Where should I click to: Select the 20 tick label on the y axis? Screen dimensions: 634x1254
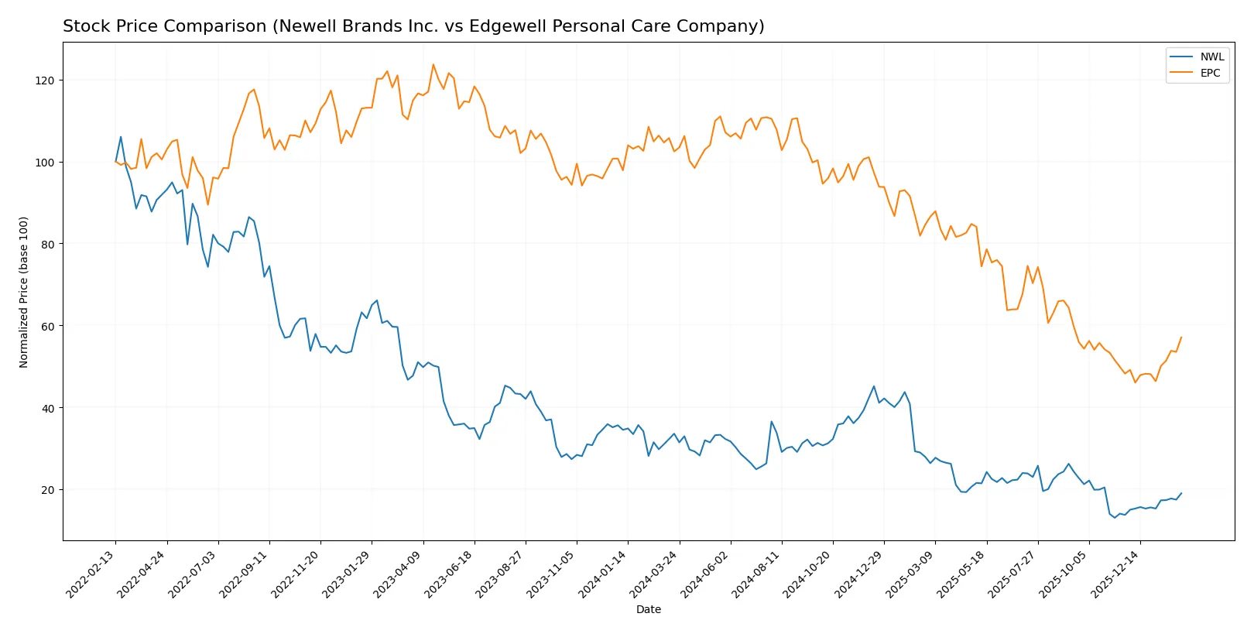[48, 490]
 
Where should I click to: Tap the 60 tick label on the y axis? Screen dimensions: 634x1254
[48, 327]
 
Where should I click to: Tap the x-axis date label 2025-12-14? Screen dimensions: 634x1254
[1115, 574]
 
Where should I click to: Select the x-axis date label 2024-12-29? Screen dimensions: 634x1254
[859, 574]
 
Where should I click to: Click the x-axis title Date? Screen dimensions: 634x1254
[648, 609]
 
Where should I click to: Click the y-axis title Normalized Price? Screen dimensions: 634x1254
[24, 292]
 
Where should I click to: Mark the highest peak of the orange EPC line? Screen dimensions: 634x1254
[433, 64]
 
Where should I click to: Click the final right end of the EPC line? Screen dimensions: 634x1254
[1181, 337]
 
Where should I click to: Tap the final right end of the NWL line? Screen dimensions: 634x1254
[1181, 493]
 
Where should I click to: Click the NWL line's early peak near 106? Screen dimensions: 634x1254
[121, 137]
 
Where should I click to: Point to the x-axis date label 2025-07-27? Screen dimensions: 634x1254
[1013, 574]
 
